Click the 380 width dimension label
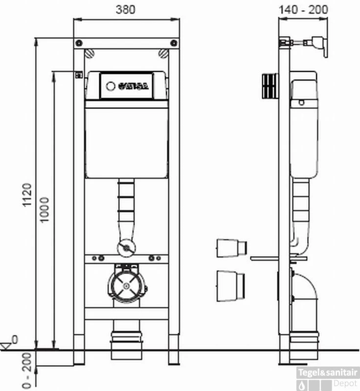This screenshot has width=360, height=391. click(126, 9)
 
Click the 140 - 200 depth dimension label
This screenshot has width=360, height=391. click(303, 9)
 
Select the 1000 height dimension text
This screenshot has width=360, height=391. click(45, 210)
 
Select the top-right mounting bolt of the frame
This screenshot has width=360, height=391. click(164, 53)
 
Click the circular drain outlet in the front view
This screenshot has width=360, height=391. click(127, 285)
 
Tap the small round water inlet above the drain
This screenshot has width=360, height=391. click(126, 247)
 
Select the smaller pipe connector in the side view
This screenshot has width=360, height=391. click(231, 248)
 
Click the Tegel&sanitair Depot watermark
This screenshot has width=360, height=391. click(328, 377)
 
